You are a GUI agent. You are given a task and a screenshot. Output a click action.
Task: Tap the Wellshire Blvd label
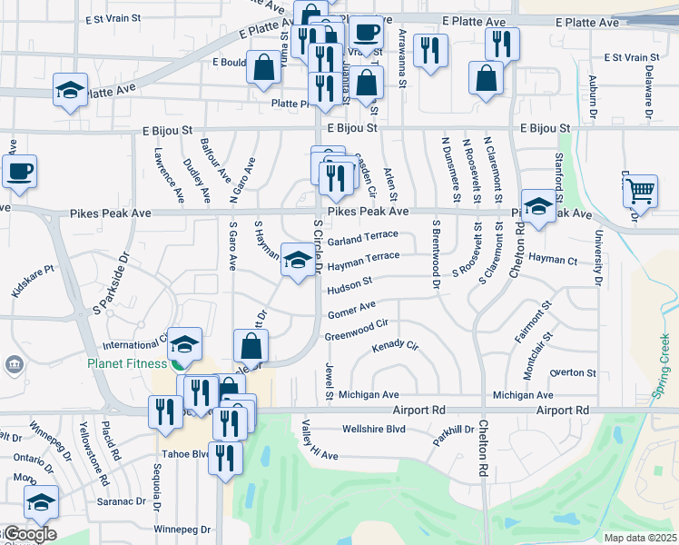pyautogui.click(x=373, y=429)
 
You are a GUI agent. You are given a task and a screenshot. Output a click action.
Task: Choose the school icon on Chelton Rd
pyautogui.click(x=538, y=207)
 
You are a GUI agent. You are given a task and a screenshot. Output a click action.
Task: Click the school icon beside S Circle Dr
pyautogui.click(x=297, y=260)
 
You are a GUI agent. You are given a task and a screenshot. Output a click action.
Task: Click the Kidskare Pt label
pyautogui.click(x=34, y=283)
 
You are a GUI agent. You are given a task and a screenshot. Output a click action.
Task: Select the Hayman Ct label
pyautogui.click(x=553, y=261)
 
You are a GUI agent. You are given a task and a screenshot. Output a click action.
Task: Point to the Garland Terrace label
pyautogui.click(x=362, y=239)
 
